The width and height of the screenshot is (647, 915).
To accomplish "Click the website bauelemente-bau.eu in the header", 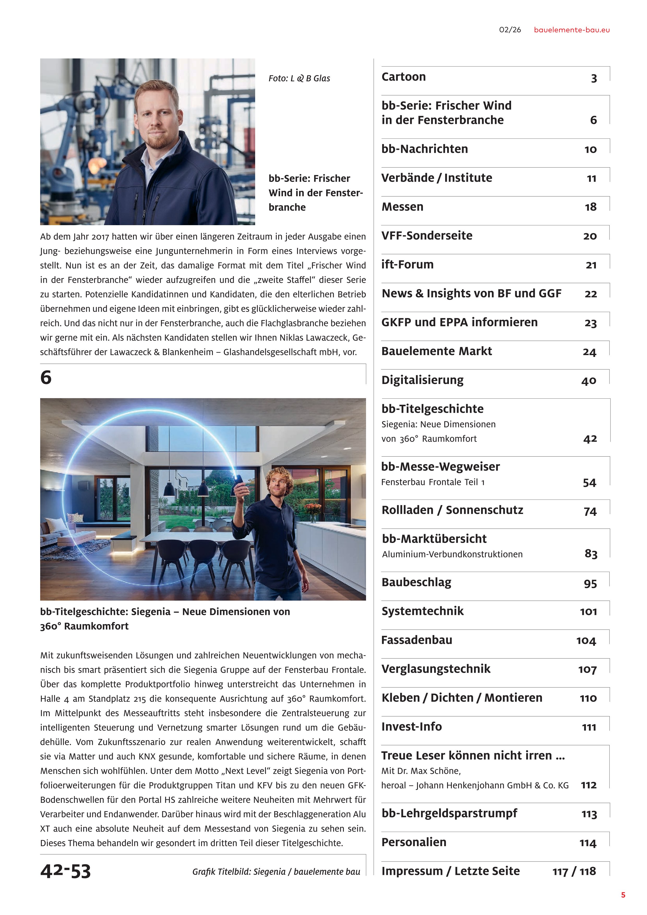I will (x=571, y=30).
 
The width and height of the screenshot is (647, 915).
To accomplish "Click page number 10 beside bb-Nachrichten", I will (x=590, y=149).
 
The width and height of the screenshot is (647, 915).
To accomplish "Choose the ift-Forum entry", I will (x=407, y=264).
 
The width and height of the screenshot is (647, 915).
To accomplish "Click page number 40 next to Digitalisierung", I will (x=589, y=381).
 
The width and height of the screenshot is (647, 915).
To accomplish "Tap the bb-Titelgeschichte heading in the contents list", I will (x=432, y=409).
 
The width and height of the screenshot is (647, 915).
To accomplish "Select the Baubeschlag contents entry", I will (x=416, y=582).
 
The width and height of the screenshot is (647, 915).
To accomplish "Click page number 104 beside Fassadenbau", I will (x=586, y=641).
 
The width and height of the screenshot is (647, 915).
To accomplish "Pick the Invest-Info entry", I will (x=411, y=727).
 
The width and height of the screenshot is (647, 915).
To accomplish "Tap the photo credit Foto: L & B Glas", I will (x=299, y=79).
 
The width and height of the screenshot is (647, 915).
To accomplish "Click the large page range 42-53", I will (x=66, y=871).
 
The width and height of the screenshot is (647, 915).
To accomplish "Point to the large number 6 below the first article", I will (x=46, y=377).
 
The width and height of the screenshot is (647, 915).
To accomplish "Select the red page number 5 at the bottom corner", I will (x=623, y=895).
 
